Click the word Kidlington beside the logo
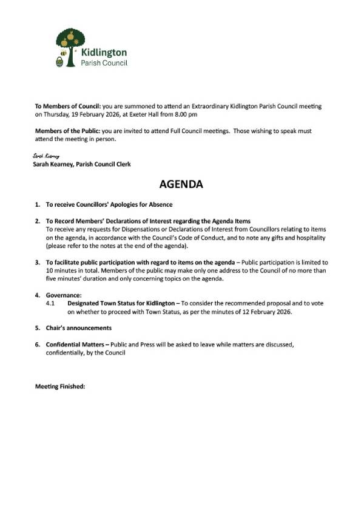(104, 53)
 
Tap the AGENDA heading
(181, 184)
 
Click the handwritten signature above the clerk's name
(46, 156)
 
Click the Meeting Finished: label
(60, 386)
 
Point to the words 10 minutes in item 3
(62, 270)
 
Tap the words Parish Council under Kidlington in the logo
(104, 63)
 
